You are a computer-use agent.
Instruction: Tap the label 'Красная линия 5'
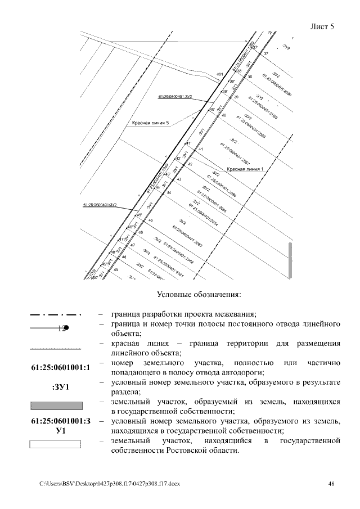[150, 122]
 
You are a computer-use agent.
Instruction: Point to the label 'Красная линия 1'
[245, 169]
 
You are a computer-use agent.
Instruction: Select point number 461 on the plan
[219, 74]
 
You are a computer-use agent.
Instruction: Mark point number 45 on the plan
[151, 220]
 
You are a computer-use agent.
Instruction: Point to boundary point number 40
[224, 115]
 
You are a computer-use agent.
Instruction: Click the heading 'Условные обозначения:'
[199, 294]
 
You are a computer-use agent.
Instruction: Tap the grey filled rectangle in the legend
[56, 406]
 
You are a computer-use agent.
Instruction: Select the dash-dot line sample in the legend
[56, 314]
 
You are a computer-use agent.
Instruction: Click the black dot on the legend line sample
[66, 327]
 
